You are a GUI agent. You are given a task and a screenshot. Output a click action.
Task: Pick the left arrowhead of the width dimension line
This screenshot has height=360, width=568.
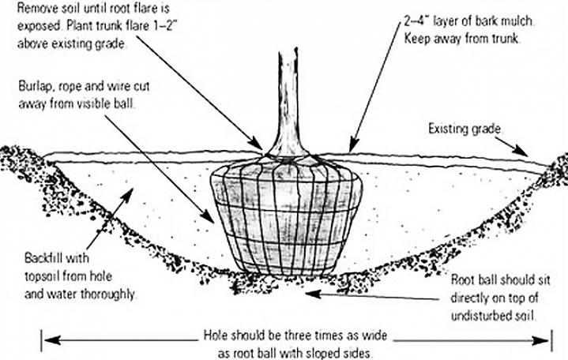[49, 340]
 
